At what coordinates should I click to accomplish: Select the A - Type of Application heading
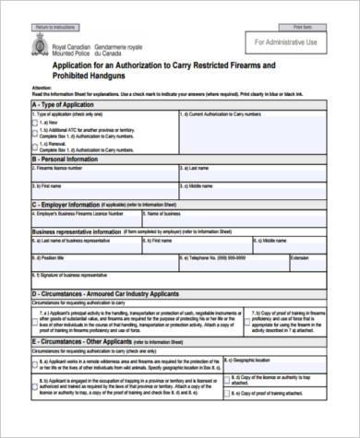(x=66, y=104)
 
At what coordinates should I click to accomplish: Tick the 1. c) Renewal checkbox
(x=35, y=145)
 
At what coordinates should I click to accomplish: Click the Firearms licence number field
(x=102, y=175)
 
